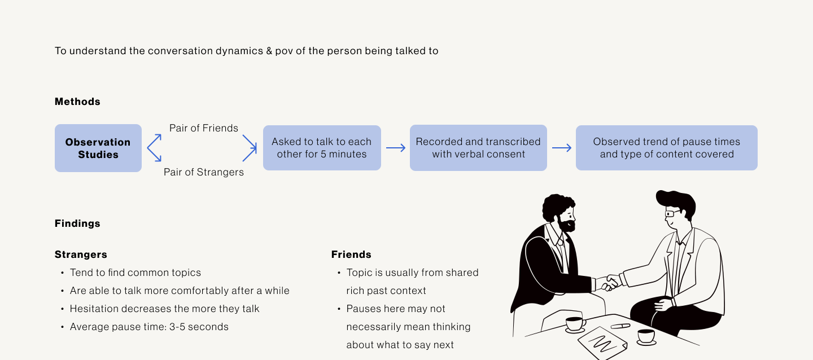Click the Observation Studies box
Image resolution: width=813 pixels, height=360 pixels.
[98, 148]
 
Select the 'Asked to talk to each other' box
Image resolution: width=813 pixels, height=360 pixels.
[322, 148]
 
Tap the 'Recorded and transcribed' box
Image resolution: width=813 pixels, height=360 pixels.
[478, 148]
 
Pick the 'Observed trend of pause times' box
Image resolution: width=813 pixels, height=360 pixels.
[666, 148]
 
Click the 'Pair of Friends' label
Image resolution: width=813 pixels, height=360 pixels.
[204, 128]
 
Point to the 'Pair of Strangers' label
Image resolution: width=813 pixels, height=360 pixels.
[204, 172]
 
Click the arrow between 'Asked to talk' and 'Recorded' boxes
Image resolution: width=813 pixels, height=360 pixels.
[396, 148]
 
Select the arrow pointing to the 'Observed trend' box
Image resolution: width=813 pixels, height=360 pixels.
[561, 148]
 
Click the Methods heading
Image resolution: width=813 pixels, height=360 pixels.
[77, 102]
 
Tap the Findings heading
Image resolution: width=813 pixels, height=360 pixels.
[77, 223]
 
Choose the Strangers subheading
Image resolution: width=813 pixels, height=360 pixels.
[81, 254]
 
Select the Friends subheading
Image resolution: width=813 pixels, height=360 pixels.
[351, 254]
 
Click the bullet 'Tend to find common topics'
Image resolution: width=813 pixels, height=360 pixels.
[135, 273]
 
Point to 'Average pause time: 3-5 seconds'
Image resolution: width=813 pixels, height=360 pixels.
[149, 327]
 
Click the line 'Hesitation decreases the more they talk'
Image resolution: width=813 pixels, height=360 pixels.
[164, 309]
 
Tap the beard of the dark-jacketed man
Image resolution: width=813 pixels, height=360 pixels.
[566, 226]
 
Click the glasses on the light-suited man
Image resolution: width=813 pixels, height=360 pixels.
[672, 214]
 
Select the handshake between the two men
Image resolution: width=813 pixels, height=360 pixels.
[610, 282]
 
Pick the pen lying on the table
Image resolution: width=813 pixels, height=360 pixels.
[620, 326]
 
